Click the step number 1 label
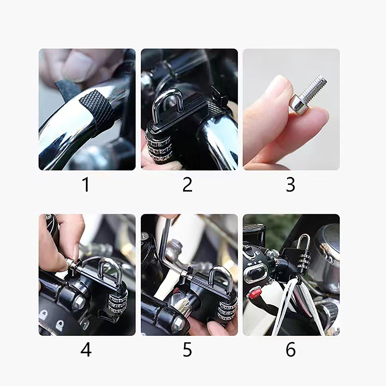tap(85, 185)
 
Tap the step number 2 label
tap(187, 185)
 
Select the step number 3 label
tap(290, 185)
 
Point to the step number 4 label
tap(86, 350)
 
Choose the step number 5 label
tap(187, 350)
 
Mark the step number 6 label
tap(291, 350)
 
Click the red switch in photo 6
tap(255, 293)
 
